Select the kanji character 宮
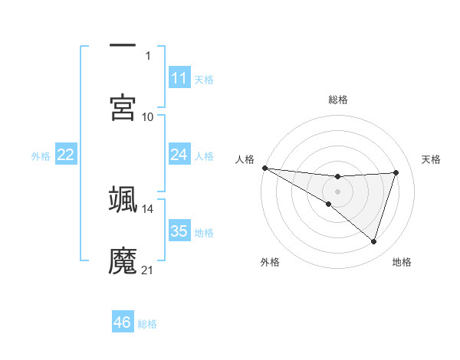pyautogui.click(x=123, y=108)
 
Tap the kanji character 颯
pyautogui.click(x=123, y=198)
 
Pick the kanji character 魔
pyautogui.click(x=123, y=260)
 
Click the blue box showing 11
pyautogui.click(x=179, y=78)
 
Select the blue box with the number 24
pyautogui.click(x=179, y=155)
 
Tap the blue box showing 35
pyautogui.click(x=179, y=231)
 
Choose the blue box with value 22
pyautogui.click(x=66, y=155)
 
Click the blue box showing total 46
pyautogui.click(x=123, y=322)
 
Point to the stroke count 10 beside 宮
pyautogui.click(x=147, y=116)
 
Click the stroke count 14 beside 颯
pyautogui.click(x=147, y=208)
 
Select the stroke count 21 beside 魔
pyautogui.click(x=147, y=270)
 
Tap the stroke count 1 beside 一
pyautogui.click(x=148, y=56)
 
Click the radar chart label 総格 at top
pyautogui.click(x=338, y=100)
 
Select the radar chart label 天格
pyautogui.click(x=432, y=159)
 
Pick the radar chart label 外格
pyautogui.click(x=269, y=262)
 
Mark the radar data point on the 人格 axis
pyautogui.click(x=264, y=168)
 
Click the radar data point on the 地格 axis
pyautogui.click(x=373, y=241)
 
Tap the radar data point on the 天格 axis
pyautogui.click(x=396, y=172)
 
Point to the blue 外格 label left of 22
pyautogui.click(x=41, y=155)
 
